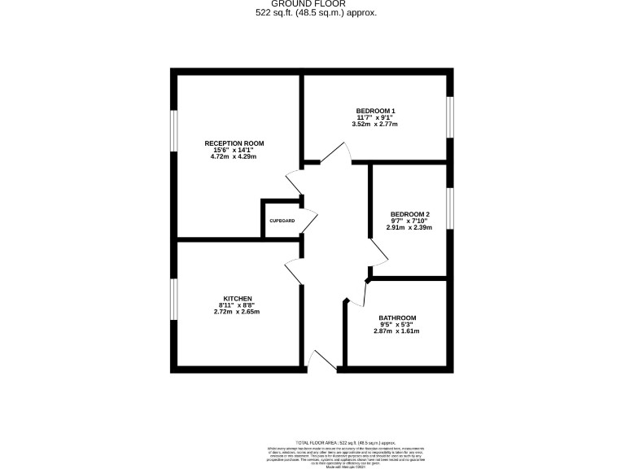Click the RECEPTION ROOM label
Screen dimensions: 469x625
pos(234,143)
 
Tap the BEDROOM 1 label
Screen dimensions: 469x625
pos(375,111)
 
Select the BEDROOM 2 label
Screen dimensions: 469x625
pos(409,214)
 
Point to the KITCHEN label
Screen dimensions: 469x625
pos(238,298)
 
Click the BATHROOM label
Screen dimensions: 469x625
pos(397,318)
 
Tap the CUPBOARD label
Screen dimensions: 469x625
pos(282,220)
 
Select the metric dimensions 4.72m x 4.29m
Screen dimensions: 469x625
pos(234,156)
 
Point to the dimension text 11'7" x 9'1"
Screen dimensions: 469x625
pos(375,117)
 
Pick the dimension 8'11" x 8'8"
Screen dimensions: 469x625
pos(238,305)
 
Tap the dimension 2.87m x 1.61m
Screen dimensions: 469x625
pos(397,331)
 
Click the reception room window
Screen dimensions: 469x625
pos(173,129)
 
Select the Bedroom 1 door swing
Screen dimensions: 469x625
pos(338,153)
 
